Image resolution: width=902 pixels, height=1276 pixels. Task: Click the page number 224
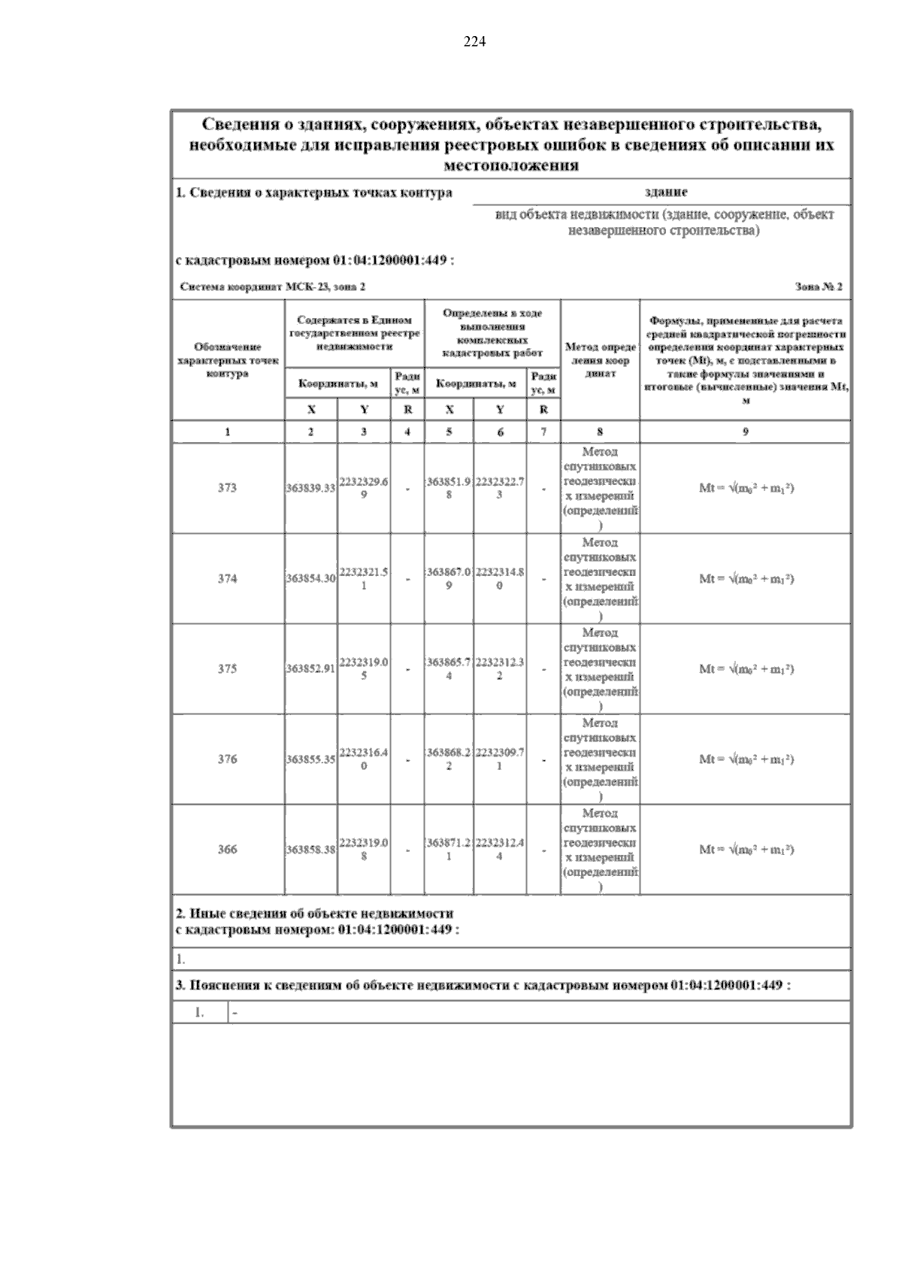coord(475,42)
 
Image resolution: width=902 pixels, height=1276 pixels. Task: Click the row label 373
coord(227,488)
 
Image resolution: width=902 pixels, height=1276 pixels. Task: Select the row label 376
coord(227,759)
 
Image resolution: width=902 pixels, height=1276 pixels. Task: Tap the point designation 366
coord(227,850)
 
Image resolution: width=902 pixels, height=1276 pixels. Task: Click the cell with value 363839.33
coord(310,489)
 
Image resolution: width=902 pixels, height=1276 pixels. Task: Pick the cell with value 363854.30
coord(310,579)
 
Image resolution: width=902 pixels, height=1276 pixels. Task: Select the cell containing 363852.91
coord(310,669)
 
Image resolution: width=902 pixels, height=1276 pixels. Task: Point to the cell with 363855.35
coord(310,759)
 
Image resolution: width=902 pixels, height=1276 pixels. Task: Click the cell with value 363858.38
coord(310,850)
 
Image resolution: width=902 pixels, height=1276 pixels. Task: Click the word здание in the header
coord(666,192)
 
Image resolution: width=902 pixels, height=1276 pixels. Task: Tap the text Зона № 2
coord(818,287)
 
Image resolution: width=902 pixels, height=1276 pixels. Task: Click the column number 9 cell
coord(745,432)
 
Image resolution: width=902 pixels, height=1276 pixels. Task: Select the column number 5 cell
coord(449,432)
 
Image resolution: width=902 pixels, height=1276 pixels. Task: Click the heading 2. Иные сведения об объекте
coord(315,914)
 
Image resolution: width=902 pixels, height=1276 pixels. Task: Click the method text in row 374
coord(600,579)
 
